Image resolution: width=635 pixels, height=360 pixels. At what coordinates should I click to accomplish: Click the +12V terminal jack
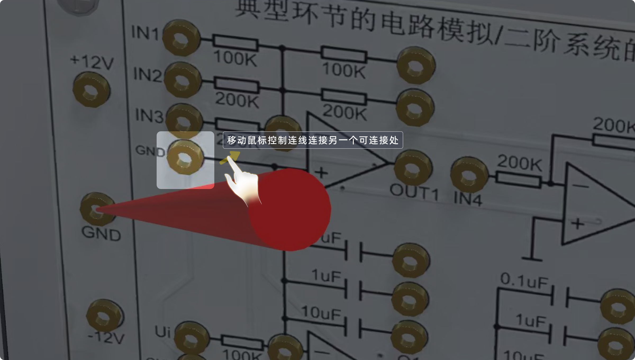(x=91, y=90)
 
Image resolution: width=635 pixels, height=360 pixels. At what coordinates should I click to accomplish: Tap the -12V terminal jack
(x=104, y=316)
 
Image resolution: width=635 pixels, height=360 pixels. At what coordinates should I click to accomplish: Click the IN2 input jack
(x=182, y=80)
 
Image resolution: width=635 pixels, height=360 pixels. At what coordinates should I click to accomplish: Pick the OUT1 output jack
(x=413, y=168)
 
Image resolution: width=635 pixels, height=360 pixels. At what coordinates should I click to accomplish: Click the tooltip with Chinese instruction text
(x=313, y=140)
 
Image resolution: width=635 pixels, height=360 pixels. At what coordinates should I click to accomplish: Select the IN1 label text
(x=145, y=33)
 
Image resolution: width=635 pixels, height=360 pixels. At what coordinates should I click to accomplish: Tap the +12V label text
(x=92, y=62)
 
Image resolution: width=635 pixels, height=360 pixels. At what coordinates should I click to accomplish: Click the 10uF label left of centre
(x=321, y=313)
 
